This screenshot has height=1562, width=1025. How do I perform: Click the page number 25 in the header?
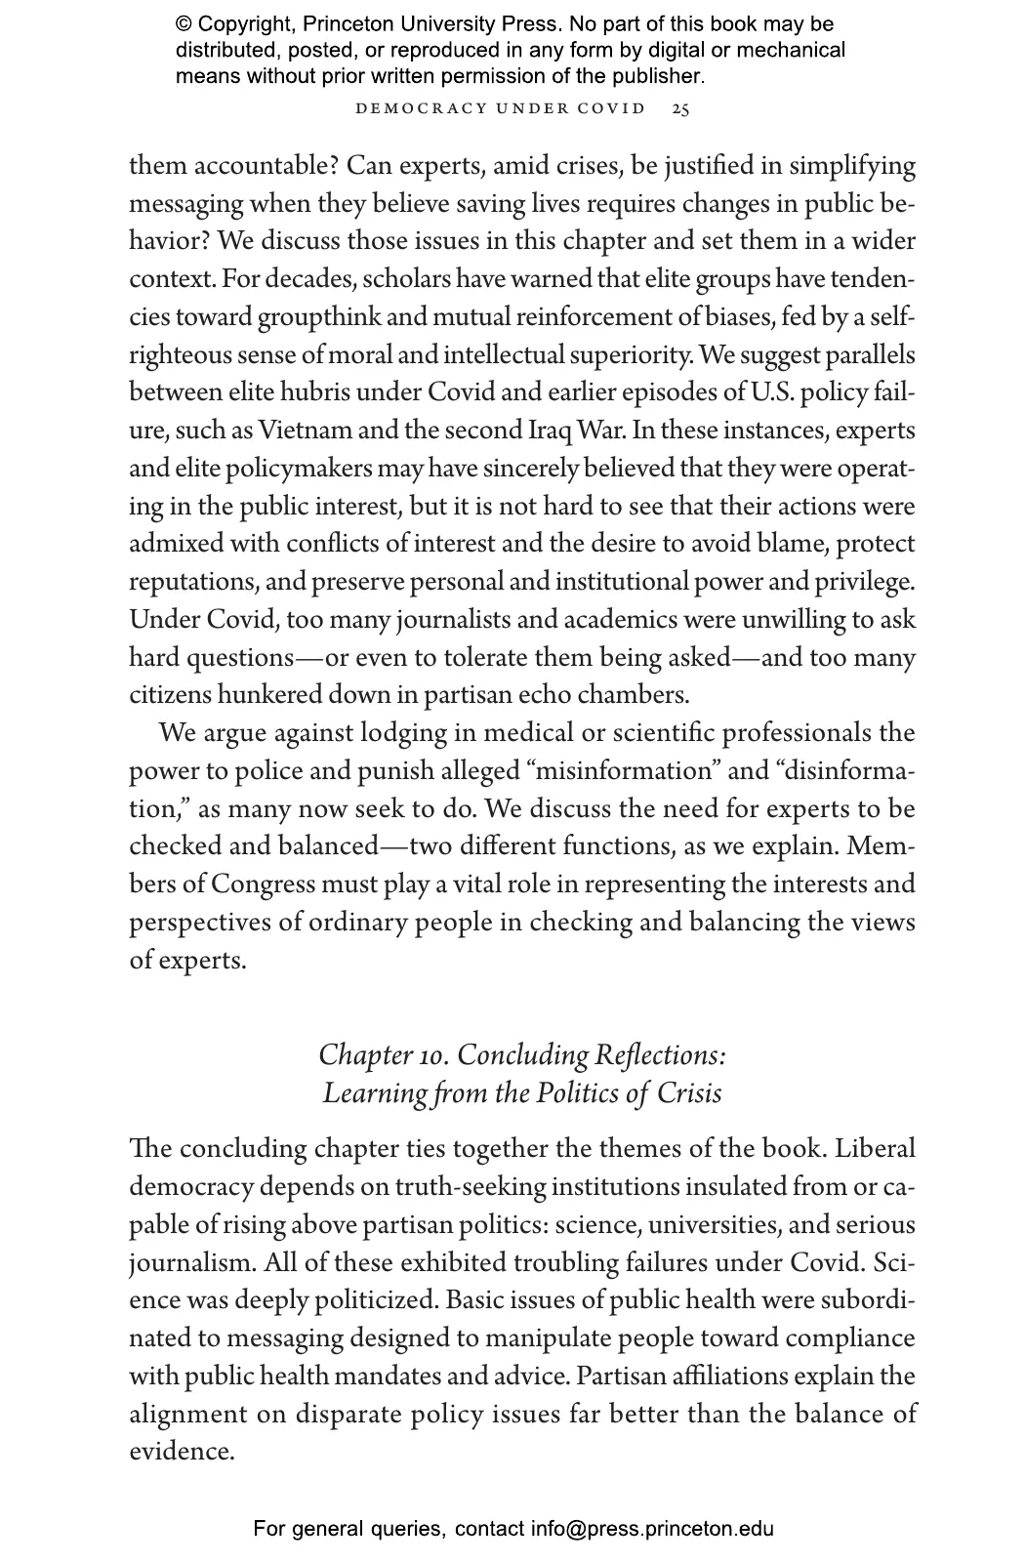point(680,108)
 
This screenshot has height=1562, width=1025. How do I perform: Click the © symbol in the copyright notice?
point(183,24)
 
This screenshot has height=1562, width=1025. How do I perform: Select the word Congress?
point(264,884)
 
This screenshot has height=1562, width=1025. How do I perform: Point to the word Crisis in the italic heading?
point(689,1092)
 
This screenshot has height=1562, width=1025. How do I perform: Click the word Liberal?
point(876,1149)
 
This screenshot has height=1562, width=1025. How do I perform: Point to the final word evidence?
point(182,1452)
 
